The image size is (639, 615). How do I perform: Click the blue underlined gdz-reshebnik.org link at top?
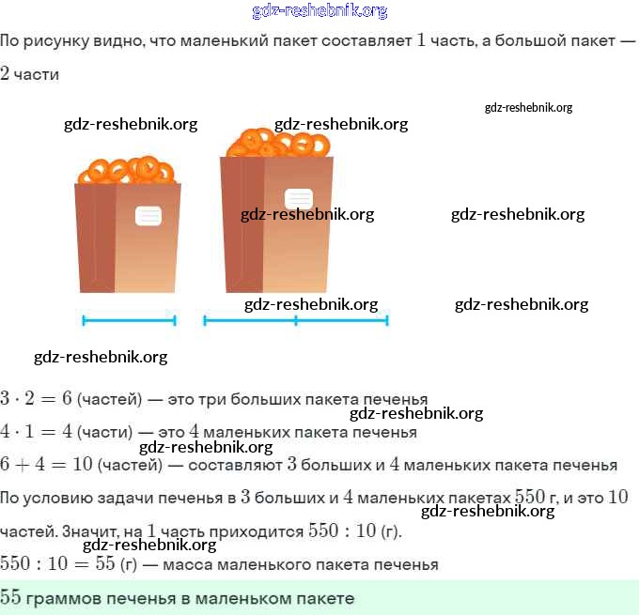[x=319, y=10]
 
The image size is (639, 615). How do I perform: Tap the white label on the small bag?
[x=148, y=216]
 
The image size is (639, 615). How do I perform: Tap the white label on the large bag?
[x=299, y=199]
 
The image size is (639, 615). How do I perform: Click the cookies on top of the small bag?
[x=126, y=170]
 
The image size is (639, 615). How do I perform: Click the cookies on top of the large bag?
[x=278, y=143]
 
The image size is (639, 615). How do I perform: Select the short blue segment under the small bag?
[x=129, y=320]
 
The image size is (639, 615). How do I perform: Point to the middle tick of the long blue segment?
[x=296, y=320]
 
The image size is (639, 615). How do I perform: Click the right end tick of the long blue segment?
[x=387, y=320]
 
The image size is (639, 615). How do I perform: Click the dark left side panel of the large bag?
[x=242, y=224]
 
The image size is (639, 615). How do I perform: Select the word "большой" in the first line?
[x=522, y=40]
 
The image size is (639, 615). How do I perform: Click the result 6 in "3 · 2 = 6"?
[x=67, y=398]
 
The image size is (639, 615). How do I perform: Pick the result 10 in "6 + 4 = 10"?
[x=83, y=464]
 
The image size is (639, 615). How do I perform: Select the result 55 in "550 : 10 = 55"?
[x=105, y=563]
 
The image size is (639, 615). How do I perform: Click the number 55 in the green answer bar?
[x=10, y=596]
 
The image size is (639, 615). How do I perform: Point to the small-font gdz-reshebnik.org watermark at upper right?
[x=528, y=108]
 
